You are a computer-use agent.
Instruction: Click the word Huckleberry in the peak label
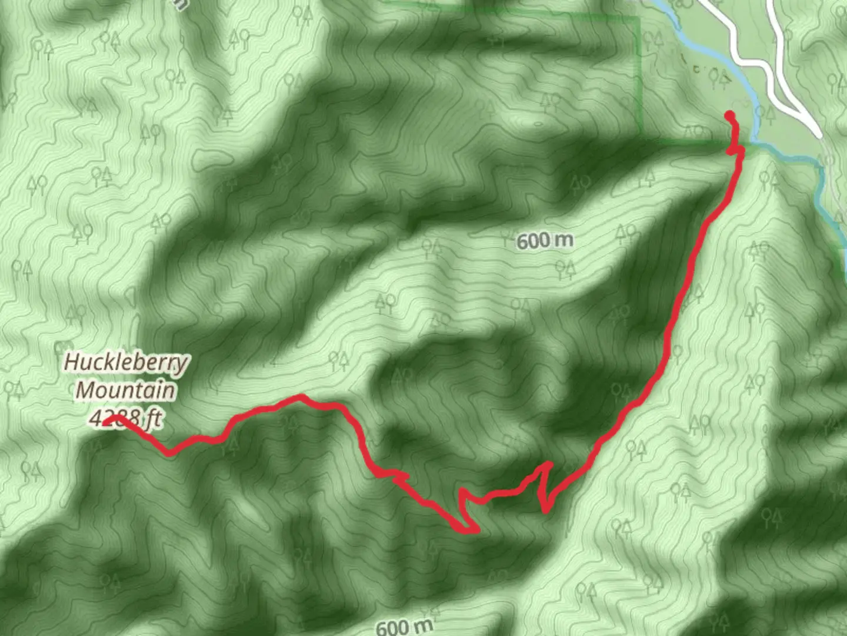[x=126, y=362]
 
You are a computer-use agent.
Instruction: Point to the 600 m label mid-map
[x=545, y=240]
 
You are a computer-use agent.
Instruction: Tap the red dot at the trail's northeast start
[x=730, y=115]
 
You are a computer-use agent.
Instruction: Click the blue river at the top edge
[x=662, y=5]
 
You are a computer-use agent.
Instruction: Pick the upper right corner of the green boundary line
[x=639, y=18]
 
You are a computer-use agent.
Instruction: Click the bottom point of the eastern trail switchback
[x=545, y=511]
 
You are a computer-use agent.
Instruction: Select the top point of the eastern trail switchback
[x=549, y=463]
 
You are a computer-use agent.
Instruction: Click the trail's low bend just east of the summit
[x=169, y=454]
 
